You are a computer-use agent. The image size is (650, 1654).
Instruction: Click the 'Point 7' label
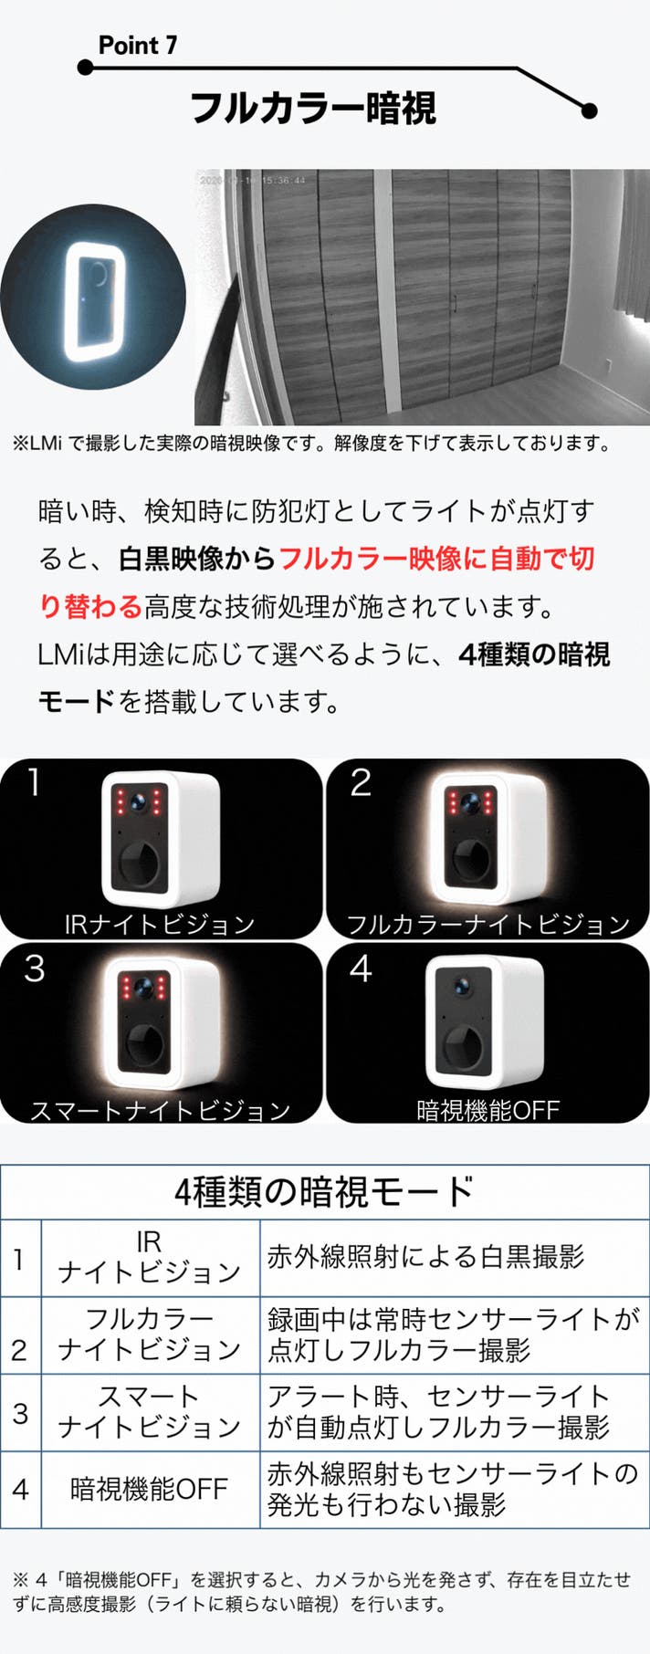(x=138, y=46)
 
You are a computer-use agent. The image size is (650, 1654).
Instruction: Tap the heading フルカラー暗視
(x=313, y=108)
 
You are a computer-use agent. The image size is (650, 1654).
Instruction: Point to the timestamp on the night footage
(x=252, y=181)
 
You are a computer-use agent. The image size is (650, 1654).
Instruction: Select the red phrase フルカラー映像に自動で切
(x=436, y=558)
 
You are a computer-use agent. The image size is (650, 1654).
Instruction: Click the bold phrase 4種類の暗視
(x=534, y=654)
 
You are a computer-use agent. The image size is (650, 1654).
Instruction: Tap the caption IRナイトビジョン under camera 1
(x=160, y=924)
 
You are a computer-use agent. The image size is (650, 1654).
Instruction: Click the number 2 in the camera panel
(x=361, y=782)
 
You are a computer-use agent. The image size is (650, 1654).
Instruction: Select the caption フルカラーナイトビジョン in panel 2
(x=488, y=924)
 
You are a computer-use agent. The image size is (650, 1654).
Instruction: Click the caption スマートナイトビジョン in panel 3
(x=161, y=1110)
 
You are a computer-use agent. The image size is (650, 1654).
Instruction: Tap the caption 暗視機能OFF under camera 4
(x=487, y=1110)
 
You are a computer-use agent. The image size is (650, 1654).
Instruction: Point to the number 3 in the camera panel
(x=35, y=968)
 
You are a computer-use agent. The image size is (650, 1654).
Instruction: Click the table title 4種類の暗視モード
(x=324, y=1191)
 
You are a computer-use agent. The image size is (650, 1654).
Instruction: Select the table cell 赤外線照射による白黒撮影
(x=425, y=1257)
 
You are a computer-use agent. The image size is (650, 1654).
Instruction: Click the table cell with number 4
(x=20, y=1490)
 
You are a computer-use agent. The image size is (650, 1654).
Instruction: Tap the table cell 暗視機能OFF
(x=149, y=1490)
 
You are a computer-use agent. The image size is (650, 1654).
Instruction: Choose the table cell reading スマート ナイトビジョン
(x=149, y=1411)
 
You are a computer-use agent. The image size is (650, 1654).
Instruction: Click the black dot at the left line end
(x=85, y=68)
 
